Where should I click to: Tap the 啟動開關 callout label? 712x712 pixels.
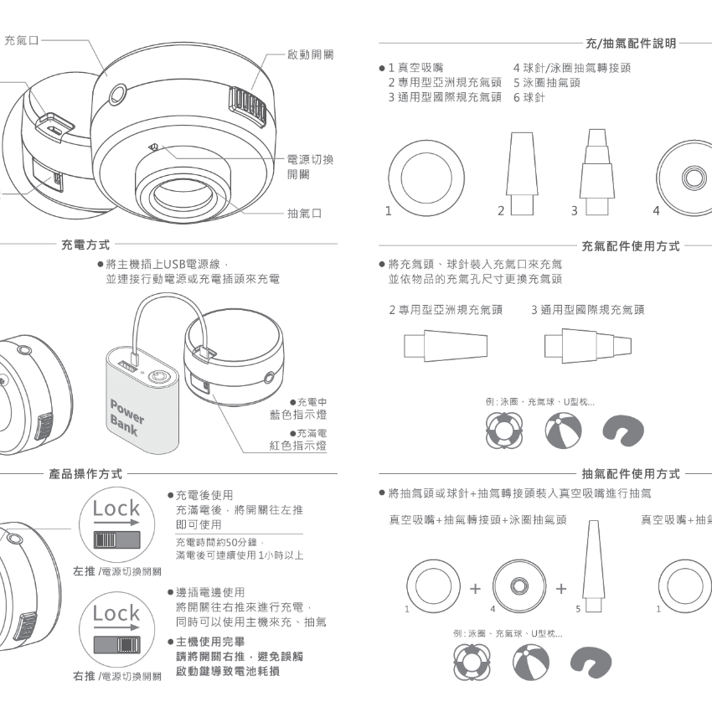tap(310, 54)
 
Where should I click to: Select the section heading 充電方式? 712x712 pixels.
tap(85, 245)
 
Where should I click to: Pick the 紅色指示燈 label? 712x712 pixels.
tap(298, 446)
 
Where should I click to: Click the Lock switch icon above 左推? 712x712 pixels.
tap(116, 524)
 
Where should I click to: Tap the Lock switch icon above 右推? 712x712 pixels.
tap(116, 629)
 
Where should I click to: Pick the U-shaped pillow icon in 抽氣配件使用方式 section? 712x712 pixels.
tap(591, 663)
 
